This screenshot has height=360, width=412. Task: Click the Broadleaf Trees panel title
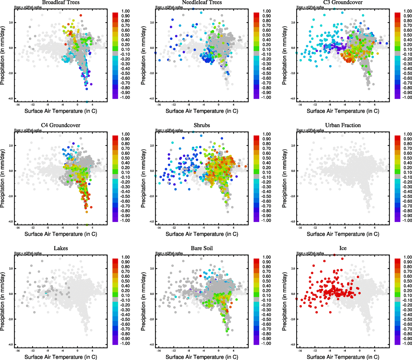[61, 2]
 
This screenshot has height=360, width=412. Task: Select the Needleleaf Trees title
[202, 2]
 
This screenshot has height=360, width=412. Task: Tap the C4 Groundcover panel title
[61, 125]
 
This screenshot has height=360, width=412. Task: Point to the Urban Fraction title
[343, 125]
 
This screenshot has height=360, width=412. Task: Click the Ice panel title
[343, 248]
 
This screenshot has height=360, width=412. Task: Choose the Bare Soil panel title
[202, 248]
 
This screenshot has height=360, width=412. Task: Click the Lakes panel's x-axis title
[61, 357]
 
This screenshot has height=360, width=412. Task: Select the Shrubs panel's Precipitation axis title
[143, 178]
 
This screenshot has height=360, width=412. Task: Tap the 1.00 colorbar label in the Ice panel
[407, 257]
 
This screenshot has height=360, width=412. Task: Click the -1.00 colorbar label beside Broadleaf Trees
[125, 97]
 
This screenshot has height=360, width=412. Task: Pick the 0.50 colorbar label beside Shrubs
[266, 158]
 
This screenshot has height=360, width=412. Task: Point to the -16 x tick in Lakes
[18, 351]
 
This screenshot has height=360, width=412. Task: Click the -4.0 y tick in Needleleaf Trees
[152, 99]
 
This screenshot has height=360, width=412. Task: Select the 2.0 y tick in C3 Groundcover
[293, 22]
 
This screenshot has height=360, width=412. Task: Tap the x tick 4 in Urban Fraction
[374, 228]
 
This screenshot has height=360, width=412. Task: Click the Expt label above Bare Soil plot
[169, 253]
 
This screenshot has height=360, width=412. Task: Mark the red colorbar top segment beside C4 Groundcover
[115, 138]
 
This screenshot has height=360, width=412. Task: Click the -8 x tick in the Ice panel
[330, 351]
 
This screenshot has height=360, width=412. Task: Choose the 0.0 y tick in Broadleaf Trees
[11, 48]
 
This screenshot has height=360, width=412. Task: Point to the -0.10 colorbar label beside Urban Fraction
[407, 177]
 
